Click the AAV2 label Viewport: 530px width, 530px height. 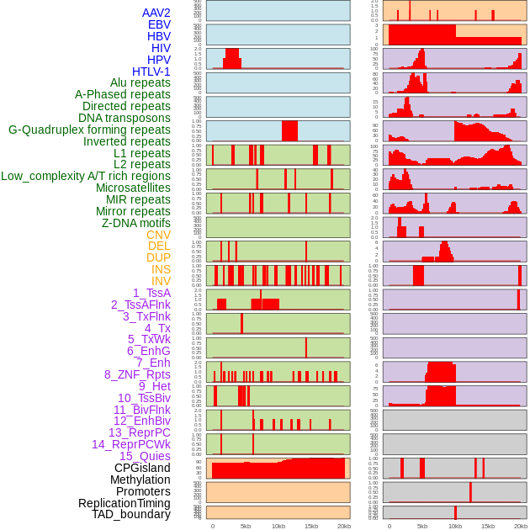pos(156,13)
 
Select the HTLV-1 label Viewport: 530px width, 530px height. pos(151,72)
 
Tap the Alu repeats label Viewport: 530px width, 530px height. pos(140,82)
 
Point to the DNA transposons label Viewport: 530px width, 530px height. pos(125,118)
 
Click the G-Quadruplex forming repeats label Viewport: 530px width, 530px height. pos(89,130)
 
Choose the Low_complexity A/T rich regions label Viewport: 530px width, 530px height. pos(86,176)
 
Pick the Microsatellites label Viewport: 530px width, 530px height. pos(133,188)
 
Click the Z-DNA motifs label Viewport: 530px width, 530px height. pos(136,223)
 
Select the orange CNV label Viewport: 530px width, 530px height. pos(158,235)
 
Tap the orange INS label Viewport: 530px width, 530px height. pos(161,269)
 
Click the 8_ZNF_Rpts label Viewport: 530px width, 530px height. pos(137,374)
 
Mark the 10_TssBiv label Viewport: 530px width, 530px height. pos(144,398)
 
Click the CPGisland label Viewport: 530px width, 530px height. pos(142,468)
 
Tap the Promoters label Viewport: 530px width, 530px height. pos(143,491)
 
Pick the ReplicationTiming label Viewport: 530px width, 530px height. pos(124,503)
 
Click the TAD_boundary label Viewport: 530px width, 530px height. pos(131,514)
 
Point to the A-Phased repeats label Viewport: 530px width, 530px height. pos(123,94)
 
